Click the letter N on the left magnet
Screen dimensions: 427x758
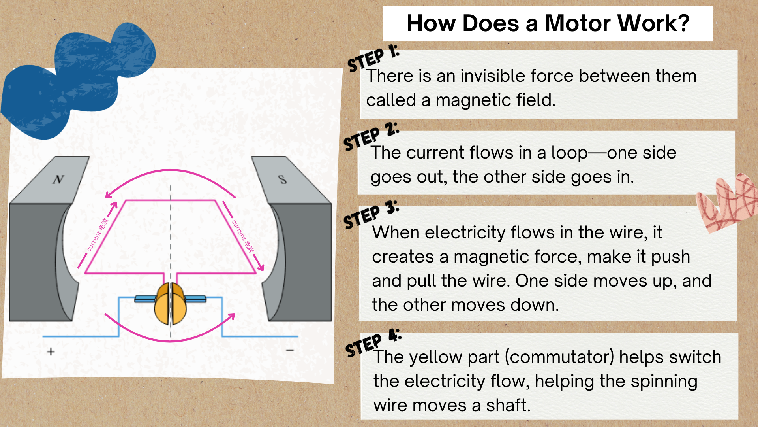(58, 179)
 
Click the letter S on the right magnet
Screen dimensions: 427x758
(282, 179)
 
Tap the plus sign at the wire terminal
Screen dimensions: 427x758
(51, 351)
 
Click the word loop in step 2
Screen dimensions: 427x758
(569, 153)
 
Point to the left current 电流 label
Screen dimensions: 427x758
(97, 235)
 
